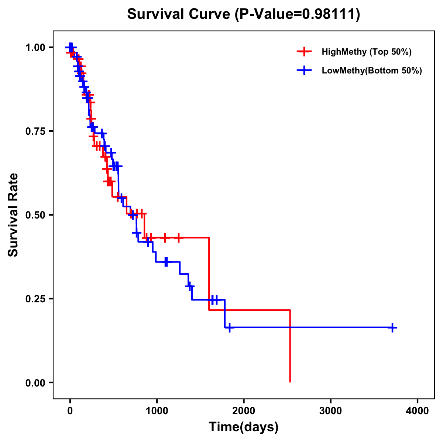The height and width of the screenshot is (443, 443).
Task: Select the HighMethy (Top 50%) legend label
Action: coord(367,52)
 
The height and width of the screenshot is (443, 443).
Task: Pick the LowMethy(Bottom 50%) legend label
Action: coord(372,71)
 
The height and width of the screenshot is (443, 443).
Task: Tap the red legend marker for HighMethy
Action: coord(304,52)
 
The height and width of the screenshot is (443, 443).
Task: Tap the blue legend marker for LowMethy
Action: coord(304,71)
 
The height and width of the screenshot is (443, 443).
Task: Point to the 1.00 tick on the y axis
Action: coord(35,47)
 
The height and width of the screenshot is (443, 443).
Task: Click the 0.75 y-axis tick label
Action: coord(35,131)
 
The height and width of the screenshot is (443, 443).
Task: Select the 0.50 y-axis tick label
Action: coord(35,215)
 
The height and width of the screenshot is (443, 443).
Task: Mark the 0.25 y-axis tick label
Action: coord(35,299)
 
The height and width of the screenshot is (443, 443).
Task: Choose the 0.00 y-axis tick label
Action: coord(35,382)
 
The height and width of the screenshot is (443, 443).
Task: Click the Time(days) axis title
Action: coord(244,427)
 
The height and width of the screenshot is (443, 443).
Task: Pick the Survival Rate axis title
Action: coord(13,215)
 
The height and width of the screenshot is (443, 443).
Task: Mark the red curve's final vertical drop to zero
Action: coord(290,347)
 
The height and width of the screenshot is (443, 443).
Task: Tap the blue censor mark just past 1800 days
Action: coord(229,327)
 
